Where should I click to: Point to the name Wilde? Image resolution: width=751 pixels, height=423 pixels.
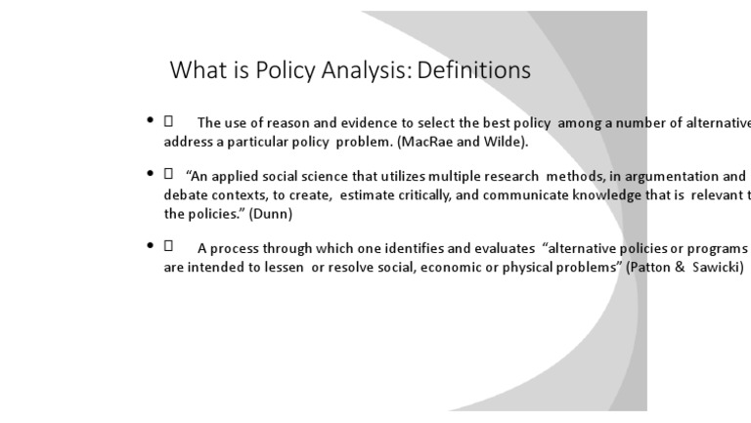[x=502, y=142]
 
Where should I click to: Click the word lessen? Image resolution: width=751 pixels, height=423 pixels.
[x=280, y=267]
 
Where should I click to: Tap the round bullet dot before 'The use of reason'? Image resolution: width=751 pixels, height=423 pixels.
[x=150, y=121]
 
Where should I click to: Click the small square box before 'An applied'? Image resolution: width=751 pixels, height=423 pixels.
[x=168, y=174]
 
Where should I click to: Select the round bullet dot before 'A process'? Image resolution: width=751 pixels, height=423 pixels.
[x=150, y=246]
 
